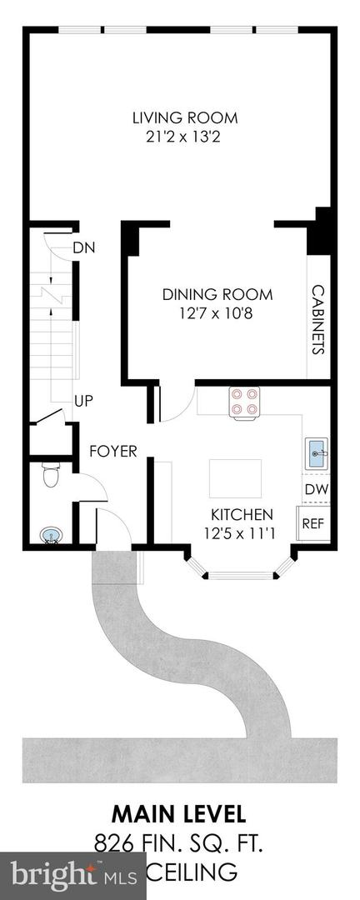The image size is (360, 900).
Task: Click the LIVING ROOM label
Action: tap(185, 117)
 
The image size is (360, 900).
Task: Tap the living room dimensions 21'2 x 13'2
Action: tap(185, 136)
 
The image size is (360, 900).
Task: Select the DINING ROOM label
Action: tap(217, 294)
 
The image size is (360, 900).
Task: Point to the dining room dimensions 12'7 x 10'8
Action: tap(217, 312)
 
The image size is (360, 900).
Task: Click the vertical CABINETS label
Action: tap(317, 320)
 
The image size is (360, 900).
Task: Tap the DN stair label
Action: tap(82, 247)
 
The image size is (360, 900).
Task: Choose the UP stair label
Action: tap(83, 401)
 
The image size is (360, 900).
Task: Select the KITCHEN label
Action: tap(242, 514)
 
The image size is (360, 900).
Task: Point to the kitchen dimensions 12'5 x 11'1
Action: tap(242, 532)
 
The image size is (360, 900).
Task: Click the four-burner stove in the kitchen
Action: tap(245, 402)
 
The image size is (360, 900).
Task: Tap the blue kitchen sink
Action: tap(317, 455)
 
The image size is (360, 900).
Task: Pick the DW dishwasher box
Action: tap(315, 490)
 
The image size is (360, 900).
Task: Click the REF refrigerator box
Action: tap(313, 523)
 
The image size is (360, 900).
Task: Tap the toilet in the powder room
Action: tap(52, 476)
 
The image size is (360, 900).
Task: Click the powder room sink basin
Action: tap(52, 534)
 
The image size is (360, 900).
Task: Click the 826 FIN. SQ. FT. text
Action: tap(179, 844)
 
